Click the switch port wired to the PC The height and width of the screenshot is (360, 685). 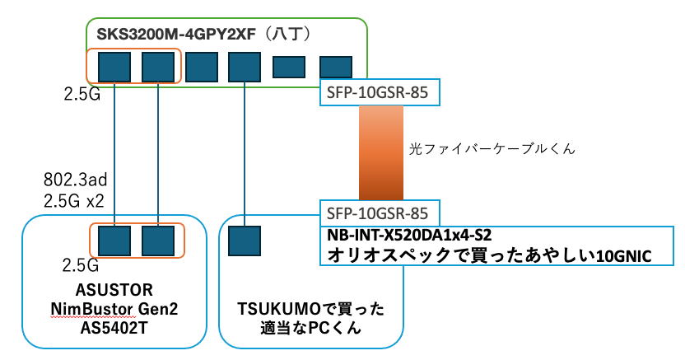[245, 65]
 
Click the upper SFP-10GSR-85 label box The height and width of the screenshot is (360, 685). [380, 93]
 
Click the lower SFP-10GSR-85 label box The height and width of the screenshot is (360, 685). [380, 212]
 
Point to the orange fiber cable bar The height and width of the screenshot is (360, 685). [380, 152]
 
